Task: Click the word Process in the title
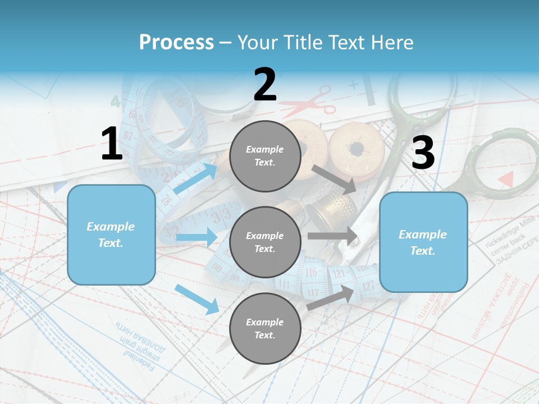[x=176, y=43]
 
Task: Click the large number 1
[x=112, y=144]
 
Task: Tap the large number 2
[x=265, y=85]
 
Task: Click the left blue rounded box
[x=111, y=235]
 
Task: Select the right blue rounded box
[x=423, y=242]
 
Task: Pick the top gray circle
[x=265, y=156]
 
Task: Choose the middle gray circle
[x=265, y=242]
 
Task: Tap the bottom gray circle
[x=265, y=328]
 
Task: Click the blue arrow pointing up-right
[x=195, y=178]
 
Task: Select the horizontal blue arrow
[x=196, y=237]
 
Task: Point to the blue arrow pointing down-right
[x=197, y=299]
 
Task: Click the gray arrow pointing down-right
[x=334, y=179]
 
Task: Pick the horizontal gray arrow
[x=332, y=236]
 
